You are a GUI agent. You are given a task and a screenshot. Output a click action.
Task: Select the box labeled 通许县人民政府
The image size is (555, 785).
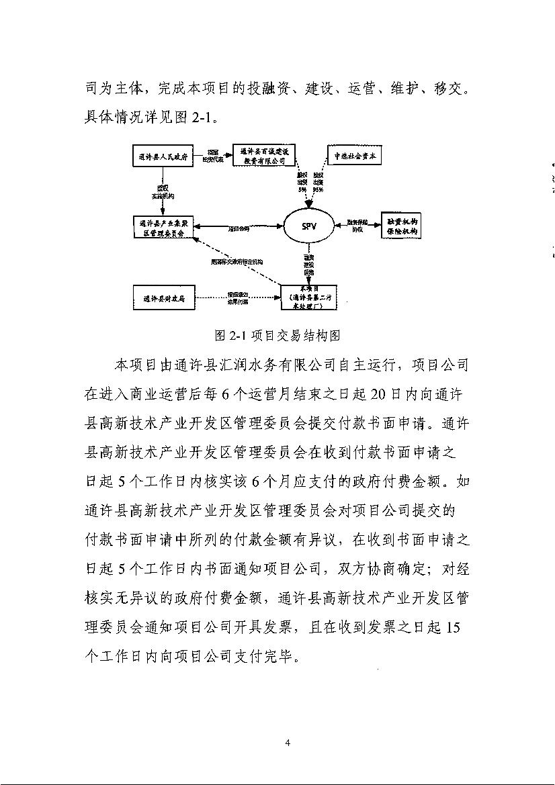(162, 157)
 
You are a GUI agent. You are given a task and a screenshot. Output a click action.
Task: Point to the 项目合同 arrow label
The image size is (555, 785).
(239, 228)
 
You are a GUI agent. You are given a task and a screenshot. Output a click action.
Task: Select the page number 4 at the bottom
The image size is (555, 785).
(288, 742)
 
